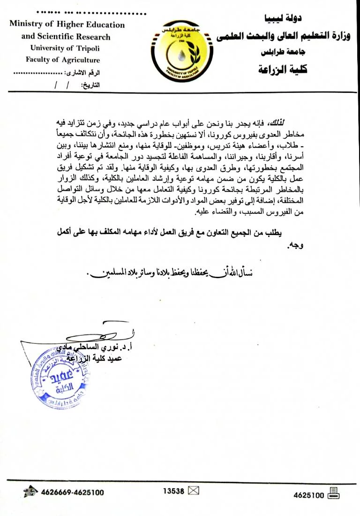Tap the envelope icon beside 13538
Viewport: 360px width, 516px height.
[193, 491]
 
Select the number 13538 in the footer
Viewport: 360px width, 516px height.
[173, 491]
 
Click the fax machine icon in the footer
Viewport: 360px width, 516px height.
[334, 493]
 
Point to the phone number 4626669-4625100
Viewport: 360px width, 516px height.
[73, 493]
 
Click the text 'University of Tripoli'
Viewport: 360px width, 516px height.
[65, 48]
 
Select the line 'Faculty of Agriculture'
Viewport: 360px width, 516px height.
[63, 60]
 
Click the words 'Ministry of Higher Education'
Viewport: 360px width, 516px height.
[67, 25]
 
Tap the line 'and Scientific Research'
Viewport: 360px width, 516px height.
[66, 37]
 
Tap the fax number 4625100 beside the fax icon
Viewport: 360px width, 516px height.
[309, 494]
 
